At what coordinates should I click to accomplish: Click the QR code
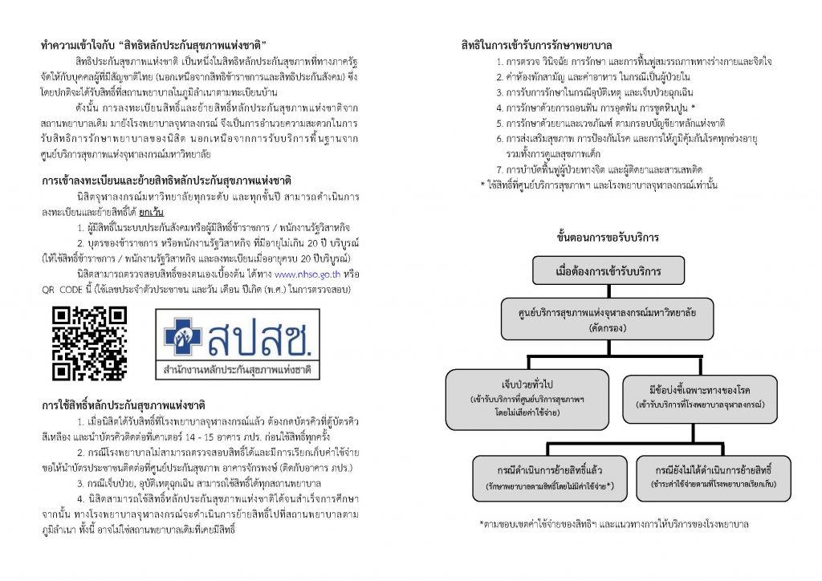(x=89, y=343)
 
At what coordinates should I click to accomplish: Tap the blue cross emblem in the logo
(x=182, y=336)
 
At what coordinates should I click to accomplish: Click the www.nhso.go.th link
(x=307, y=274)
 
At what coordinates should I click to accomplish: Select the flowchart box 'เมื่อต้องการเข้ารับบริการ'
(x=608, y=270)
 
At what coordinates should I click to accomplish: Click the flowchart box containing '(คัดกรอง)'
(x=607, y=319)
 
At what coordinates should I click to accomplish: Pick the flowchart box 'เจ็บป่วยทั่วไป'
(x=527, y=399)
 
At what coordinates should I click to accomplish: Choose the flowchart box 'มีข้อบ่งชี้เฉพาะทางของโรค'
(x=699, y=399)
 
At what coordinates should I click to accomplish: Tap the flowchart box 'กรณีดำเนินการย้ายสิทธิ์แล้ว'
(x=549, y=478)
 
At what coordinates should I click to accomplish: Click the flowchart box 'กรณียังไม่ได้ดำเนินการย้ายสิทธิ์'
(x=713, y=477)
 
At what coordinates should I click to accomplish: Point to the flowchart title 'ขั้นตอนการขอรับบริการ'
(x=608, y=238)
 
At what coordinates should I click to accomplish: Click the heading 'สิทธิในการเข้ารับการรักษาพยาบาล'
(x=536, y=45)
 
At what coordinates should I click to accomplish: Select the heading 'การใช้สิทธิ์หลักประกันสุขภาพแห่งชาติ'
(x=123, y=405)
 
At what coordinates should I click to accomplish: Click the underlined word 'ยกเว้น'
(x=152, y=212)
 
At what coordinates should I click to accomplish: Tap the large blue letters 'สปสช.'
(x=259, y=336)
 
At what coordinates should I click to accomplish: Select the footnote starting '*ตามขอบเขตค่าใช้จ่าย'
(x=614, y=524)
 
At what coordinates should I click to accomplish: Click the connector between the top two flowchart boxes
(x=608, y=291)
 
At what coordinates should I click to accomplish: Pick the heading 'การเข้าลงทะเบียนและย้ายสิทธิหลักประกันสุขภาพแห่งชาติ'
(x=166, y=181)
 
